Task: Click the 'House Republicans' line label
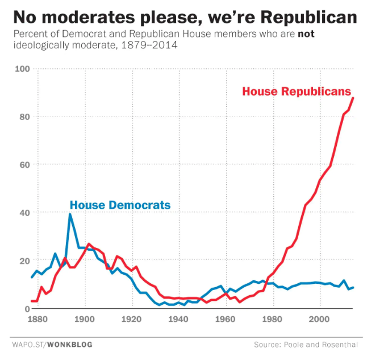(x=297, y=92)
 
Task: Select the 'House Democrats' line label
(x=120, y=205)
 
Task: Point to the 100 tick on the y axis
(x=22, y=69)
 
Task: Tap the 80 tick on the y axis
(x=24, y=117)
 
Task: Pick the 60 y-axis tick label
(x=24, y=165)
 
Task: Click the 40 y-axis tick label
(x=24, y=213)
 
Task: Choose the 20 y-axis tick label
(x=24, y=260)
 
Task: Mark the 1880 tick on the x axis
(x=39, y=318)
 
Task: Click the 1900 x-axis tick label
(x=85, y=318)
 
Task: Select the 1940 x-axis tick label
(x=179, y=318)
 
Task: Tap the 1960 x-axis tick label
(x=226, y=318)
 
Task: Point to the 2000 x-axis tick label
(x=320, y=318)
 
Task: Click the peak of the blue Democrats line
(x=70, y=214)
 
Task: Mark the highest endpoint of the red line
(x=353, y=98)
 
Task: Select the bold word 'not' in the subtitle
(x=306, y=34)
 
